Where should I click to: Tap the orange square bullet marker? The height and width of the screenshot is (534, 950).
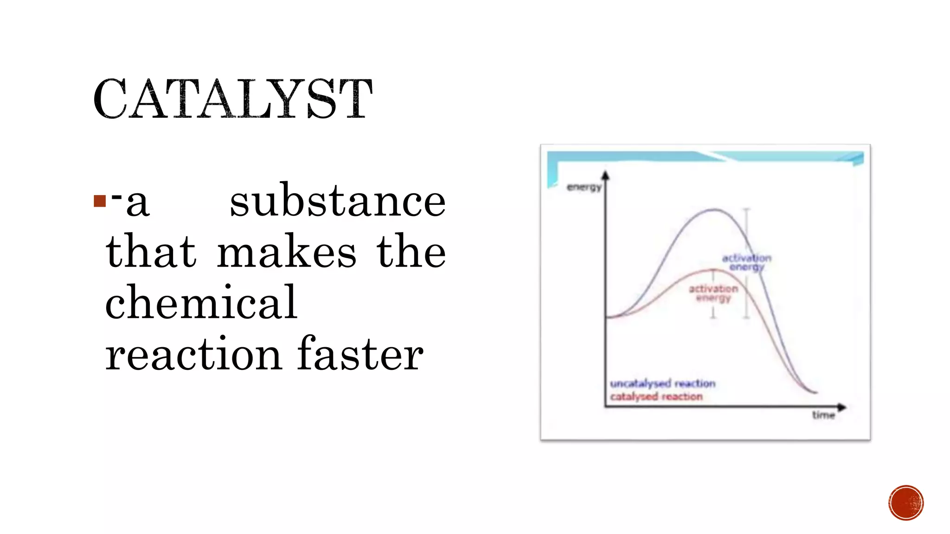pyautogui.click(x=99, y=201)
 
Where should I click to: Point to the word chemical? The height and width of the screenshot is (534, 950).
pyautogui.click(x=201, y=303)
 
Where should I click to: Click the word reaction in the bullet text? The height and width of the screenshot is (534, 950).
pyautogui.click(x=193, y=355)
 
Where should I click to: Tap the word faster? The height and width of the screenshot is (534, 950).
pyautogui.click(x=360, y=355)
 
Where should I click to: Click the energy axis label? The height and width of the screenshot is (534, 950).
pyautogui.click(x=584, y=187)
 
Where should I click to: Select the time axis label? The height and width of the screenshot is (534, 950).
pyautogui.click(x=823, y=415)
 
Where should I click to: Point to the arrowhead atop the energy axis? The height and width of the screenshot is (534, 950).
pyautogui.click(x=605, y=175)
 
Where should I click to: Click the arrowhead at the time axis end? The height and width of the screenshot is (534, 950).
pyautogui.click(x=842, y=407)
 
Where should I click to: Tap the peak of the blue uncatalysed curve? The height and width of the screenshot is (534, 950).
pyautogui.click(x=714, y=210)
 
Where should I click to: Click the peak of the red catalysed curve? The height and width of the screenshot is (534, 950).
pyautogui.click(x=713, y=270)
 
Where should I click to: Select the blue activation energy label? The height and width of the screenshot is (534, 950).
pyautogui.click(x=746, y=262)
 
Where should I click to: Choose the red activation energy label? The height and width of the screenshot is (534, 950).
pyautogui.click(x=713, y=293)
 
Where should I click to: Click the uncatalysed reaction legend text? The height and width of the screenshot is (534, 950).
pyautogui.click(x=662, y=383)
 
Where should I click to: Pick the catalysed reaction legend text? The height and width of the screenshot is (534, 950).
pyautogui.click(x=656, y=397)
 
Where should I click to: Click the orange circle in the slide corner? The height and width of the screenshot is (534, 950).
pyautogui.click(x=906, y=503)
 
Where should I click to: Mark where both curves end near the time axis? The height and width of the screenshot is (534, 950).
pyautogui.click(x=815, y=392)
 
